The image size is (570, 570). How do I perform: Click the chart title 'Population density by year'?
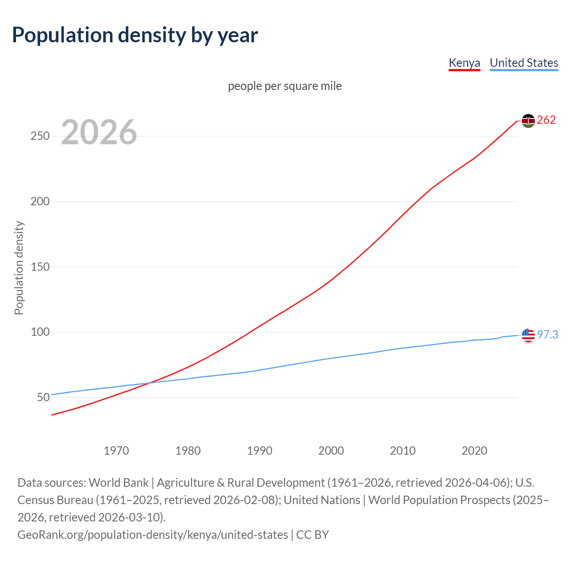click(135, 35)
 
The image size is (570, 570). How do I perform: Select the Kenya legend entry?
click(464, 63)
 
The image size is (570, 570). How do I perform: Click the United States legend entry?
click(524, 63)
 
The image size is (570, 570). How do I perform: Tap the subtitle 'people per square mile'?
click(285, 86)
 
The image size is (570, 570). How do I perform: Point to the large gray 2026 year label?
click(99, 132)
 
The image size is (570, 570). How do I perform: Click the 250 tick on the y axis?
click(40, 136)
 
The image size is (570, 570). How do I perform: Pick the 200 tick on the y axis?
click(40, 202)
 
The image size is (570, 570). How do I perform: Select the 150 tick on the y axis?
click(40, 267)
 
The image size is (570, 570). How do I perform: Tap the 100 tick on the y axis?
click(40, 332)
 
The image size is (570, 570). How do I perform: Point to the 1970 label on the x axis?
click(116, 451)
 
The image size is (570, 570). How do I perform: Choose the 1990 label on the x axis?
click(260, 451)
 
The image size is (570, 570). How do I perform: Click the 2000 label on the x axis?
click(331, 451)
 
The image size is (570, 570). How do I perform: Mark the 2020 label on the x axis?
click(474, 451)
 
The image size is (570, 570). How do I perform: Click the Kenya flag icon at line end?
click(528, 121)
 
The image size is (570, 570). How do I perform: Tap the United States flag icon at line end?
click(528, 335)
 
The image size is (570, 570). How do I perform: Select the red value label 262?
click(546, 120)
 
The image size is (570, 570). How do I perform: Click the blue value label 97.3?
click(548, 334)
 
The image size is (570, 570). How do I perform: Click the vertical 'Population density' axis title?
click(19, 268)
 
